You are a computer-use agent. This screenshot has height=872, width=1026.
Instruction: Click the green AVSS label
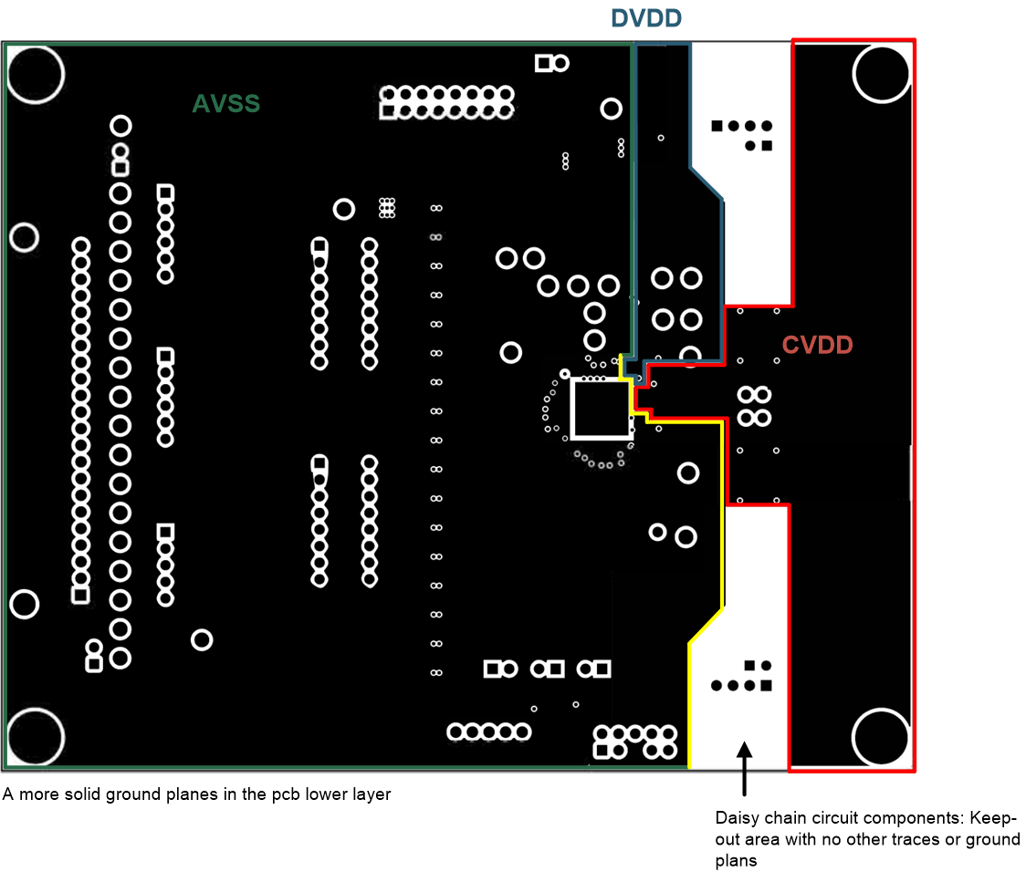[226, 104]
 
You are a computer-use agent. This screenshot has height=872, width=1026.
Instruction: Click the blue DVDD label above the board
[647, 17]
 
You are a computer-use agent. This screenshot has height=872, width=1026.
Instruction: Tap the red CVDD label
[817, 345]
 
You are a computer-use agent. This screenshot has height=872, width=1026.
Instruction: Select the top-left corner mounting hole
[35, 74]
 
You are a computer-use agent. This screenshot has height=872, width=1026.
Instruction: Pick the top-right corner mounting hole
[882, 74]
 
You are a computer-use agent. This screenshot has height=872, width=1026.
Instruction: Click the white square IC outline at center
[601, 409]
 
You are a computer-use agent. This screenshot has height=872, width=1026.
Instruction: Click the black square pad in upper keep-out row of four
[717, 126]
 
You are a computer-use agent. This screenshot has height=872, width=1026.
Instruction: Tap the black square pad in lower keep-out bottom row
[767, 685]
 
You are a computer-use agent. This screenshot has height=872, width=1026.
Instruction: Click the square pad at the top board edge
[544, 63]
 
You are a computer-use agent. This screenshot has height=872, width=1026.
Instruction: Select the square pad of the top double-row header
[388, 111]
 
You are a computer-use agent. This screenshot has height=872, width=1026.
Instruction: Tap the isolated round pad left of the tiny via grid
[344, 209]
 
